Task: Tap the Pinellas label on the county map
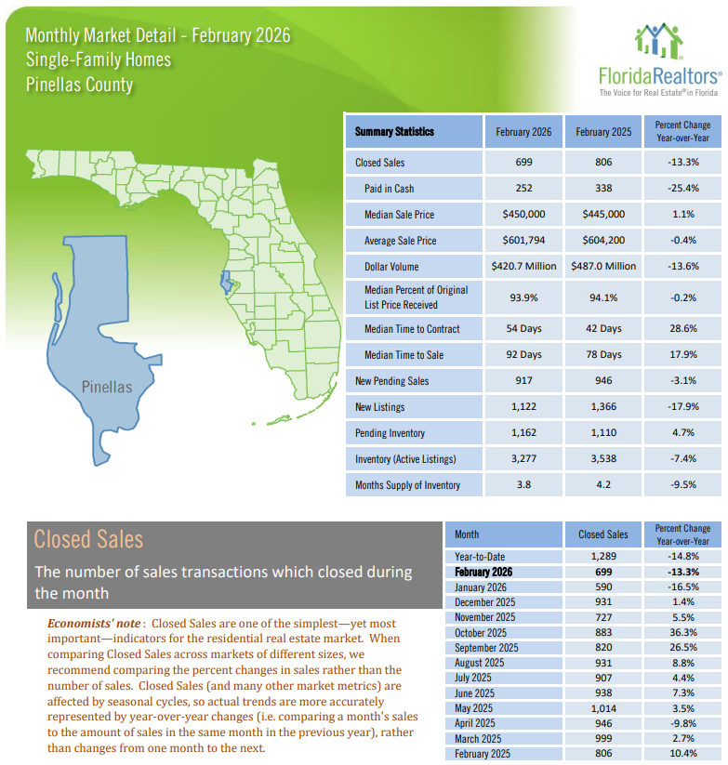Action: coord(107,387)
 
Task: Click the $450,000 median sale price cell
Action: coord(523,215)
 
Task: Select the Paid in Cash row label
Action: coord(390,189)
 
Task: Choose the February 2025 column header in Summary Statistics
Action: coord(603,132)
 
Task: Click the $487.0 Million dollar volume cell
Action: coord(603,266)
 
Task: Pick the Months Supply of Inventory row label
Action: coord(407,485)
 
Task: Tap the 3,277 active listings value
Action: coord(523,459)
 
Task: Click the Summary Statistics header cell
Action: coord(394,132)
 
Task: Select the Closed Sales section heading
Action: coord(88,539)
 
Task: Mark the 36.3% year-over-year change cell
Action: coord(682,632)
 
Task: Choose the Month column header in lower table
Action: coord(467,534)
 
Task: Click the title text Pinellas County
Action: coord(79,85)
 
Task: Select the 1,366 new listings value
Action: coord(603,407)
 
